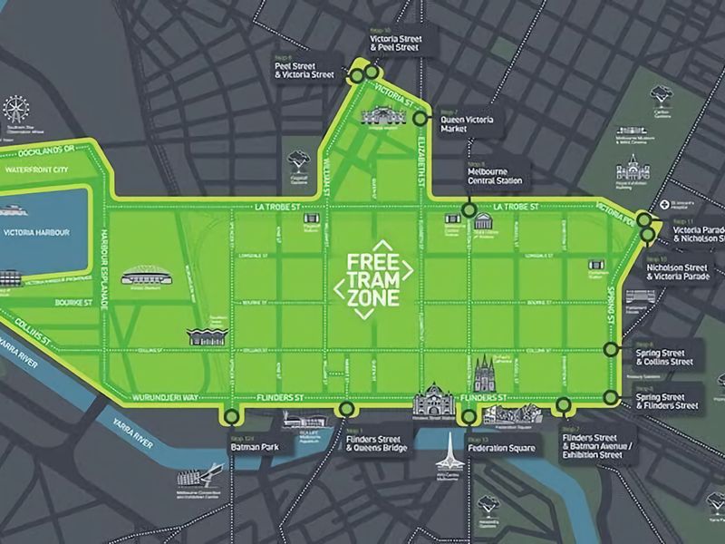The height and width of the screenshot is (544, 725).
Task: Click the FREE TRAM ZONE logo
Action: point(373,279)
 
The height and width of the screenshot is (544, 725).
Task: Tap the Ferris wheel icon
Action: point(15,111)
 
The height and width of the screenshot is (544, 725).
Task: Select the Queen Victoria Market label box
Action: point(467,123)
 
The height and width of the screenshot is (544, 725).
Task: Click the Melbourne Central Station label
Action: point(494,175)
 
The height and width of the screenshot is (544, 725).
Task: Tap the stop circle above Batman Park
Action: point(232,417)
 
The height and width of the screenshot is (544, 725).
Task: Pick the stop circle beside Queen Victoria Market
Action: point(420,118)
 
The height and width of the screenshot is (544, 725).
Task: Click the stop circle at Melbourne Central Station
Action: point(469,209)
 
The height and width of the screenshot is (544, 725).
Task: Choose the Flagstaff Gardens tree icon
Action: point(295,160)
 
